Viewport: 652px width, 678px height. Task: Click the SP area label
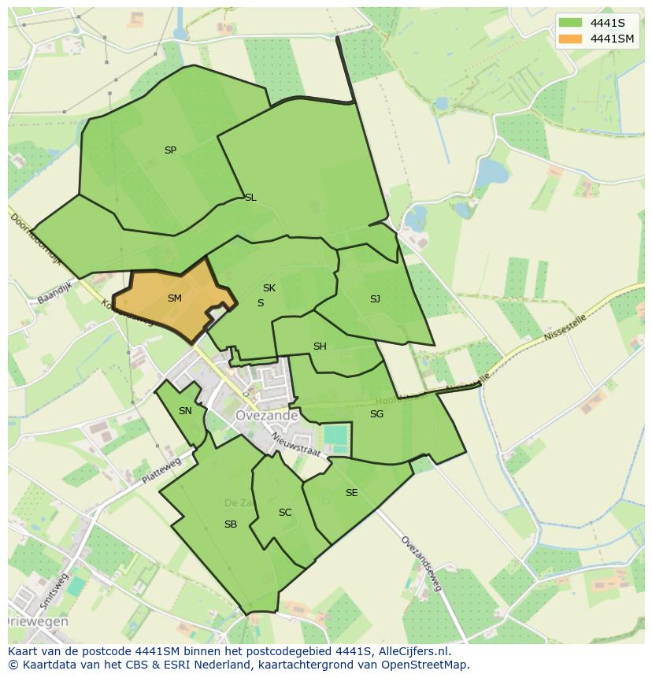click(x=170, y=150)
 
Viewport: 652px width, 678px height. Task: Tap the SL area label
click(x=250, y=198)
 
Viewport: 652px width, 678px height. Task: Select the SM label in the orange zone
click(x=175, y=298)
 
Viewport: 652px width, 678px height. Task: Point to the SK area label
click(x=269, y=288)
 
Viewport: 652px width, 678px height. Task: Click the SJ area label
click(x=375, y=299)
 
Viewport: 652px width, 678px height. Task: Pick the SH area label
click(x=320, y=346)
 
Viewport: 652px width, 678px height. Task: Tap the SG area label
click(x=376, y=414)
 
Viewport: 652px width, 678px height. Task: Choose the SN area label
click(x=185, y=411)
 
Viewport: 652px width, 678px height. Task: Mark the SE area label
click(x=351, y=493)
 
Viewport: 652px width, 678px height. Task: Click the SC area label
click(x=285, y=513)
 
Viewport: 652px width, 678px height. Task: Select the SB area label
click(x=231, y=524)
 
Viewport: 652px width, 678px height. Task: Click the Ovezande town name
click(x=266, y=415)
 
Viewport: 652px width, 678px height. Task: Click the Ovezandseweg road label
click(x=422, y=564)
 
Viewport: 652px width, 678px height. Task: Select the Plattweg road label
click(x=161, y=472)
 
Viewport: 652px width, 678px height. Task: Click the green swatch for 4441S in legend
click(x=571, y=23)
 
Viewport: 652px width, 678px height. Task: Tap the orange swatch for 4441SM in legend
click(x=571, y=39)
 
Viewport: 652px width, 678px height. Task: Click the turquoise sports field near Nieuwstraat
click(x=335, y=435)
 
